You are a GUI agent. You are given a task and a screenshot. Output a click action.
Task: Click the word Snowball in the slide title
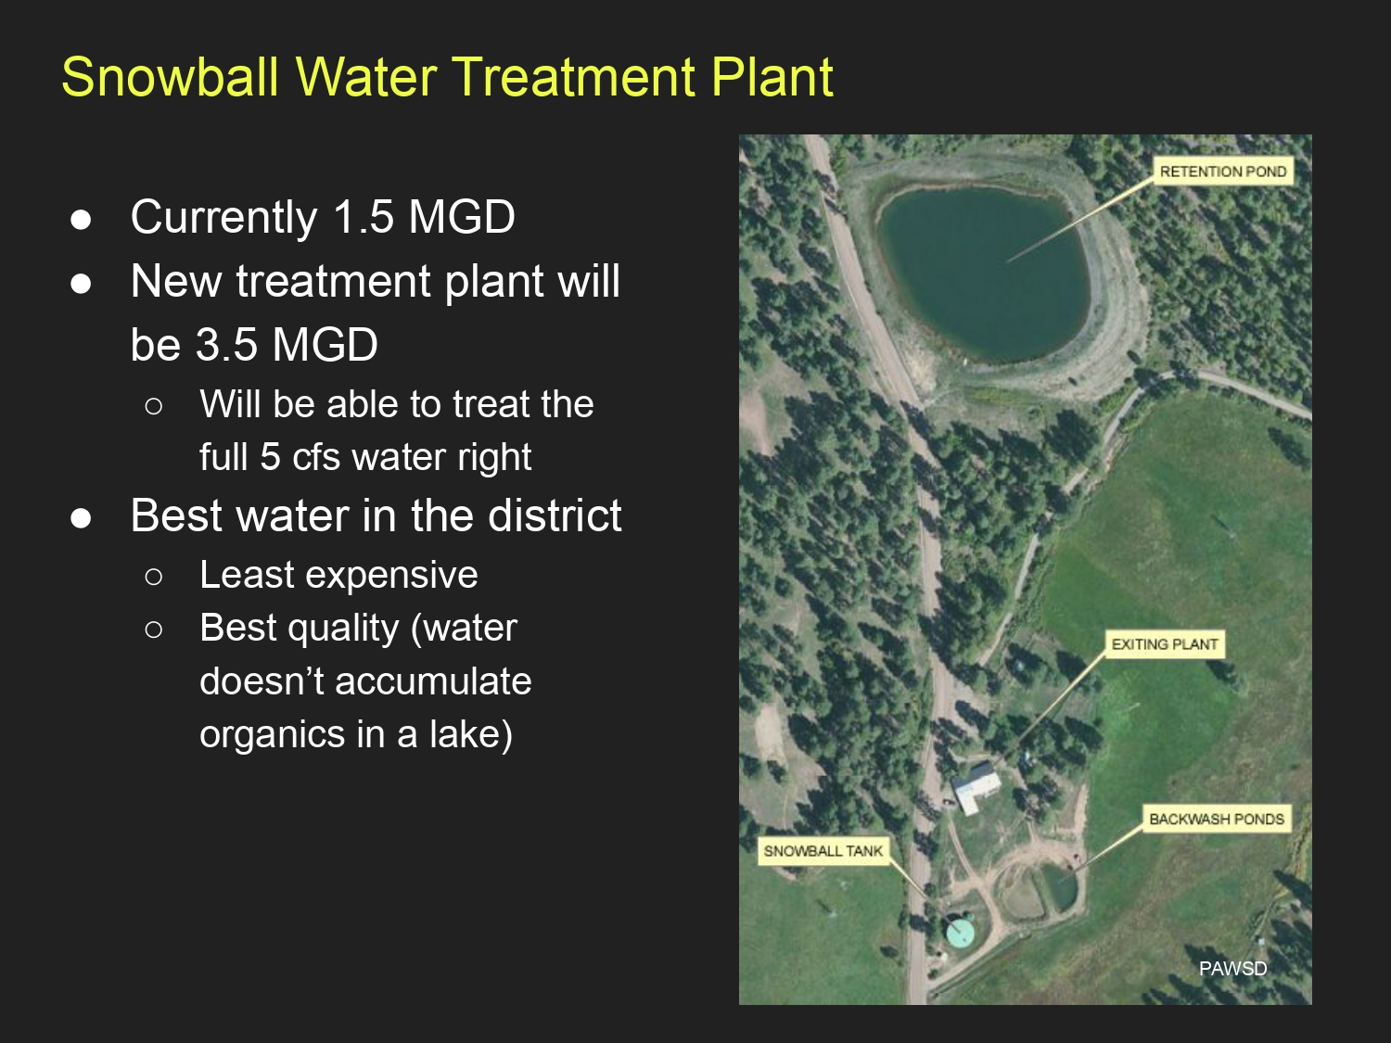pyautogui.click(x=171, y=77)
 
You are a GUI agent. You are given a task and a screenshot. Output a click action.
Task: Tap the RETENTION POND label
pyautogui.click(x=1223, y=172)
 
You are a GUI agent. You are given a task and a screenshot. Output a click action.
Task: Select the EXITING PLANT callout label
pyautogui.click(x=1165, y=644)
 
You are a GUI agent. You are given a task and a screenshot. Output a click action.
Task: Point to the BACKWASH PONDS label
pyautogui.click(x=1217, y=819)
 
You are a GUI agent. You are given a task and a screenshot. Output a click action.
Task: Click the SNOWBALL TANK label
pyautogui.click(x=823, y=851)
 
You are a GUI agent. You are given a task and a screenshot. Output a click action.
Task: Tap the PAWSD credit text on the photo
pyautogui.click(x=1233, y=968)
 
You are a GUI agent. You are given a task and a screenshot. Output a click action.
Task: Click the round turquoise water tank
pyautogui.click(x=960, y=932)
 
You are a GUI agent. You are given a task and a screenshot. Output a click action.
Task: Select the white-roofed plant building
pyautogui.click(x=976, y=787)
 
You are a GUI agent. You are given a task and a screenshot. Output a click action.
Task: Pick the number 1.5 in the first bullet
pyautogui.click(x=364, y=217)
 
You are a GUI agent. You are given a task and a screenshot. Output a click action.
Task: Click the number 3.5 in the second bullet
pyautogui.click(x=226, y=345)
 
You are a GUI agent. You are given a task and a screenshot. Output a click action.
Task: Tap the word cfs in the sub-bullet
pyautogui.click(x=316, y=456)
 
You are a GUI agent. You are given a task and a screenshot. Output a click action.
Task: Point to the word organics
pyautogui.click(x=272, y=734)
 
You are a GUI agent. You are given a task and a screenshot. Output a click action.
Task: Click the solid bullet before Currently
pyautogui.click(x=81, y=220)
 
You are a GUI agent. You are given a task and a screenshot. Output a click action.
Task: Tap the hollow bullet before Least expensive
pyautogui.click(x=153, y=577)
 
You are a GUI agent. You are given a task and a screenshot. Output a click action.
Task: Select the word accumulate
pyautogui.click(x=433, y=681)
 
